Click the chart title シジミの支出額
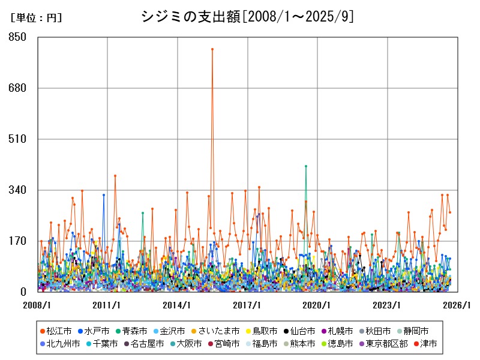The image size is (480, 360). pyautogui.click(x=247, y=17)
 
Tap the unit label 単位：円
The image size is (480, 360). pyautogui.click(x=36, y=19)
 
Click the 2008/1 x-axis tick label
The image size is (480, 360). pyautogui.click(x=38, y=305)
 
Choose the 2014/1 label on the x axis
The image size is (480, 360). pyautogui.click(x=178, y=305)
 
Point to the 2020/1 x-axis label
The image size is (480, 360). pyautogui.click(x=318, y=305)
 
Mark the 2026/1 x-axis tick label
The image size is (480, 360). pyautogui.click(x=457, y=305)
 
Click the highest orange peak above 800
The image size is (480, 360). pyautogui.click(x=212, y=49)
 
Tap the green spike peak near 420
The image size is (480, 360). pyautogui.click(x=306, y=166)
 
